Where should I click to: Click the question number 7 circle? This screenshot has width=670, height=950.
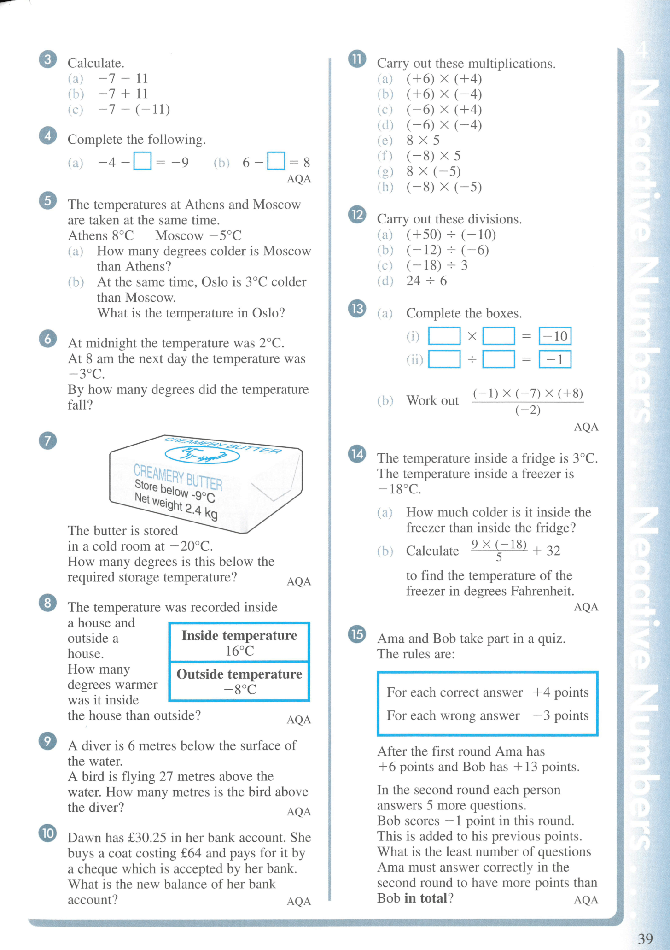pos(48,441)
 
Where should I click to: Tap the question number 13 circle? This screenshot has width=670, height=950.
pos(357,309)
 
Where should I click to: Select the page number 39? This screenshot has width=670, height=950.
pos(645,938)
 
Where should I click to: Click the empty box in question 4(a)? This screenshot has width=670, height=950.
pos(142,161)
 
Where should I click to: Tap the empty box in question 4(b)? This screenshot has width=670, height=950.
pos(276,161)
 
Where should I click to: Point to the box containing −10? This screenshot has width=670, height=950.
pos(555,336)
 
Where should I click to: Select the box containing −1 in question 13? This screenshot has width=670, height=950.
pos(555,359)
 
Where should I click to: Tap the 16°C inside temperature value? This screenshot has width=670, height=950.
pos(239,651)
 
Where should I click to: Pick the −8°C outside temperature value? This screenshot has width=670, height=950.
pos(239,689)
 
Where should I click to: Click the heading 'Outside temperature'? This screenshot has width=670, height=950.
pos(239,674)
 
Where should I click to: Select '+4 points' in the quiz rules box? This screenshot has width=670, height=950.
pos(560,692)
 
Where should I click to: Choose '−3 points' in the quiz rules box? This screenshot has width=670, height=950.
pos(560,715)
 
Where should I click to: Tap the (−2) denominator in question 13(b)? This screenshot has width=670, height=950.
pos(528,410)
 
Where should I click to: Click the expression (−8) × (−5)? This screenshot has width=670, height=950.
pos(444,187)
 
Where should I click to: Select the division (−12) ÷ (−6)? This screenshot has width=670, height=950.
pos(447,250)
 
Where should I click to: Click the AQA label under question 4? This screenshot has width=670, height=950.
pos(299,179)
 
